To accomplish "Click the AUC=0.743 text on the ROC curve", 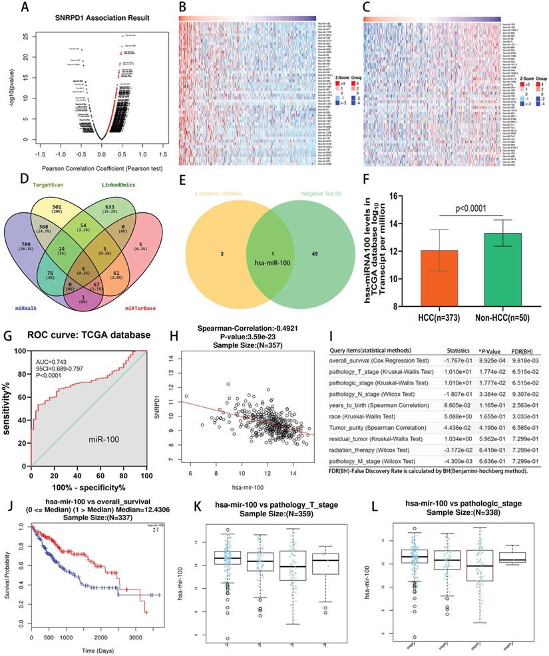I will (51, 363).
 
